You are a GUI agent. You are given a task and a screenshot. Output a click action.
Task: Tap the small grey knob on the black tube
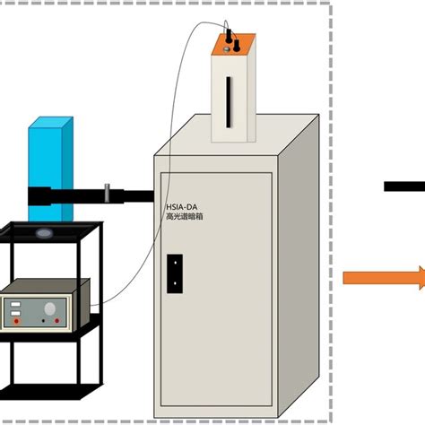click(108, 192)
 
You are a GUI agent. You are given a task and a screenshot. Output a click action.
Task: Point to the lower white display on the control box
click(14, 317)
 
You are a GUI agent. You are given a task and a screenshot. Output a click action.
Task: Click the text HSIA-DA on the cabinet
click(182, 205)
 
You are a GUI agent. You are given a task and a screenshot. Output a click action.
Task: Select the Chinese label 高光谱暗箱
click(186, 216)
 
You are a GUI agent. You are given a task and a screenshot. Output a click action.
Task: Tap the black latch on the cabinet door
click(174, 273)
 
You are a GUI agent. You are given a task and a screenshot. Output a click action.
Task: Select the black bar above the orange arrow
click(403, 186)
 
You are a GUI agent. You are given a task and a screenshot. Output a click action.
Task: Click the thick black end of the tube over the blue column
click(40, 196)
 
